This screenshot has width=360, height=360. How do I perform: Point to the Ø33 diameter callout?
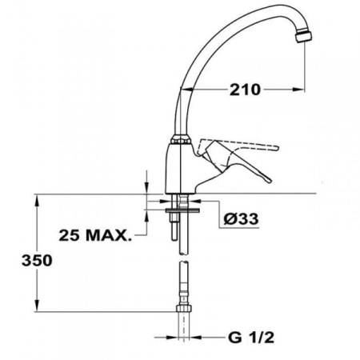[239, 218]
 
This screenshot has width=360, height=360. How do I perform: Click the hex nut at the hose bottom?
[181, 309]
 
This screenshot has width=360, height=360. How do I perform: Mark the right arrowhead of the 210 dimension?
[302, 90]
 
